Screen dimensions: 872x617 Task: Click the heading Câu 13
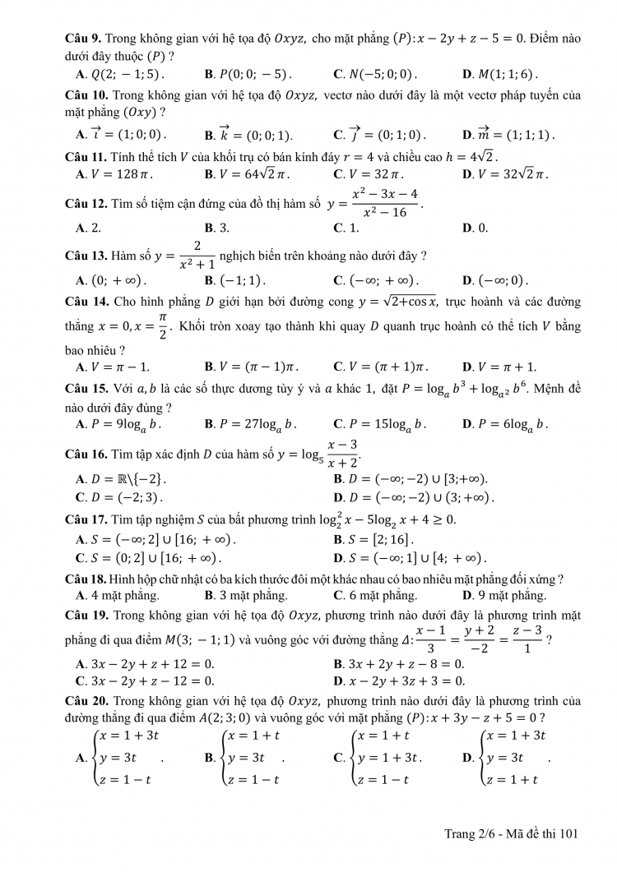(86, 255)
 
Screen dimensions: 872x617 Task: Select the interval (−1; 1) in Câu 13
(240, 279)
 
